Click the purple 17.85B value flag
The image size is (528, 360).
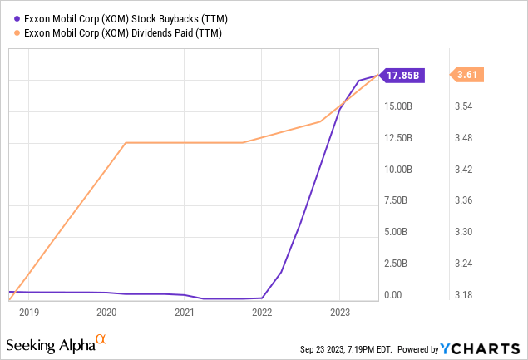tap(404, 75)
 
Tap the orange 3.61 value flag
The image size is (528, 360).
tap(466, 75)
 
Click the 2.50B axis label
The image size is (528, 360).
tap(401, 264)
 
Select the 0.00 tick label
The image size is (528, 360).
tap(394, 295)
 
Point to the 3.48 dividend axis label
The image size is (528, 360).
tap(469, 138)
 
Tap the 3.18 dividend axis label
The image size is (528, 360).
tap(469, 295)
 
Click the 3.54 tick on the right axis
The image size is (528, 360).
tap(469, 106)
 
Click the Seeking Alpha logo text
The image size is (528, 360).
tap(50, 343)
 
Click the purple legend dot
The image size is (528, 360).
tap(17, 18)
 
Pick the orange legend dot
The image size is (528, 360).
tap(17, 32)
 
